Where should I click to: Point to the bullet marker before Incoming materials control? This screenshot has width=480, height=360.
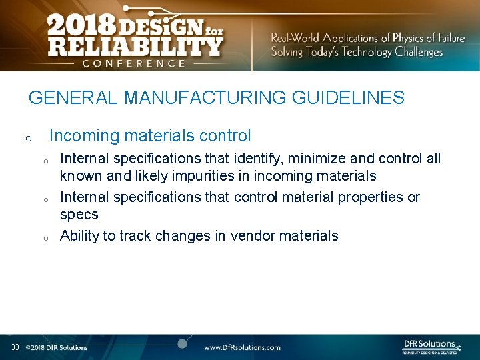point(28,139)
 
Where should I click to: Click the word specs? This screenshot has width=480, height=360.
point(79,215)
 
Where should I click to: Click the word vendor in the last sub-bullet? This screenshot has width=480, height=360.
point(252,236)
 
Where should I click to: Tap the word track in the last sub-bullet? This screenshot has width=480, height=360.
point(135,236)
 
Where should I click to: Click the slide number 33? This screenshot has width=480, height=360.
point(15,347)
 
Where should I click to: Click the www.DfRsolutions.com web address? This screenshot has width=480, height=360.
point(242,347)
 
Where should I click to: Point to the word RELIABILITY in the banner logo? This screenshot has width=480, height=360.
point(134,47)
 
